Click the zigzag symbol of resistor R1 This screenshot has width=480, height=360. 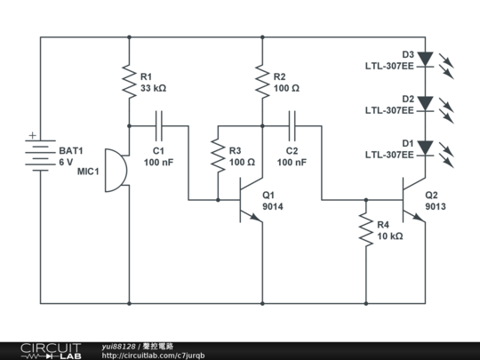(129, 82)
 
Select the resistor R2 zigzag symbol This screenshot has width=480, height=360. (262, 82)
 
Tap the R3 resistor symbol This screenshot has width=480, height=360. (218, 156)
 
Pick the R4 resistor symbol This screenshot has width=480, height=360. (366, 229)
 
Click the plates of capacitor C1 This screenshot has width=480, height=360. (159, 126)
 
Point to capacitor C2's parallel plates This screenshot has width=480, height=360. (292, 126)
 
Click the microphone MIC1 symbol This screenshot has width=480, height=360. (116, 171)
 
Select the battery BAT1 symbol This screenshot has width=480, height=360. (40, 156)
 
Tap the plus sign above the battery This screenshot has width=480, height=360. (33, 135)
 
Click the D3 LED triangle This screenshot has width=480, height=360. (426, 60)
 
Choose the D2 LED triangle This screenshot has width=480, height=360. (426, 104)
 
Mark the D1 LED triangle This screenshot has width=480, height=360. (426, 148)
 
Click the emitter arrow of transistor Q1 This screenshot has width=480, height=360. (256, 217)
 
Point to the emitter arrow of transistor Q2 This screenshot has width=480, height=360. (419, 217)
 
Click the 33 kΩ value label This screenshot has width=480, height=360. (154, 88)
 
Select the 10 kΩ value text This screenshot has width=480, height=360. (390, 236)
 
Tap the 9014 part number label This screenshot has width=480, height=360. (273, 206)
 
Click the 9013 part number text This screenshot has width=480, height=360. (436, 206)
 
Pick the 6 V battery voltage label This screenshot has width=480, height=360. (66, 163)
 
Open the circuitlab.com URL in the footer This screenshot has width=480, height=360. (153, 356)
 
